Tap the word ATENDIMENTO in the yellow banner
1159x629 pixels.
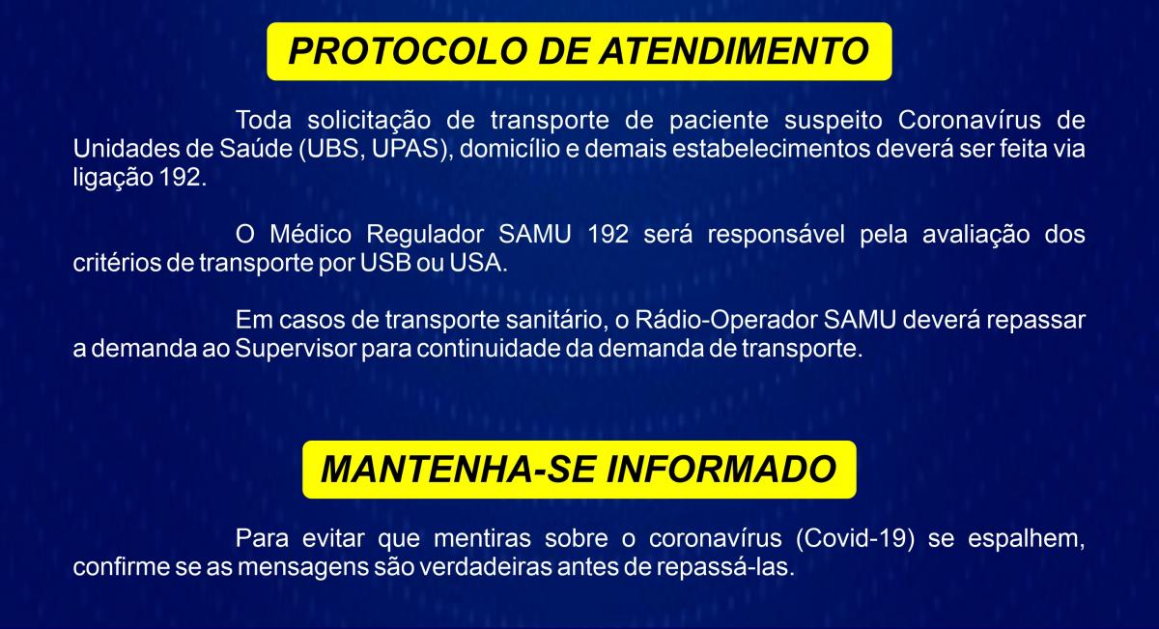click(734, 51)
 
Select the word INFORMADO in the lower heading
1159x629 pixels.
click(721, 470)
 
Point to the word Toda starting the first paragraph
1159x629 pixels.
click(264, 120)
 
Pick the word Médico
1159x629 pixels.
click(310, 234)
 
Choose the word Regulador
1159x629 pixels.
click(425, 236)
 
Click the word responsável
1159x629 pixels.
click(776, 236)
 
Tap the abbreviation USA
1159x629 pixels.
click(475, 263)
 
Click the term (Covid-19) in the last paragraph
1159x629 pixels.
click(855, 539)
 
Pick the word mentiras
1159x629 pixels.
click(482, 538)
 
